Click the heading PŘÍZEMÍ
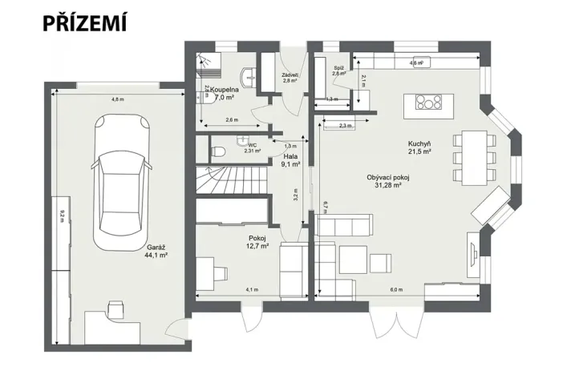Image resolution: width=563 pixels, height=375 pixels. [85, 23]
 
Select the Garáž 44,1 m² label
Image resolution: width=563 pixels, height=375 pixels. [156, 252]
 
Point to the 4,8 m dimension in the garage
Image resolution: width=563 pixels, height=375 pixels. [117, 99]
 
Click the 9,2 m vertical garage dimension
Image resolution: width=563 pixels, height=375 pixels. [62, 216]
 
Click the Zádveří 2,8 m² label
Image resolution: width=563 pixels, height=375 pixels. [290, 79]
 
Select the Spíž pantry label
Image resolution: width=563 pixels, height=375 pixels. [339, 71]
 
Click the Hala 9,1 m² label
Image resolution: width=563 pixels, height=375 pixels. [290, 160]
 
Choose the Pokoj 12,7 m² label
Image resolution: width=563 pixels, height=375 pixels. [257, 243]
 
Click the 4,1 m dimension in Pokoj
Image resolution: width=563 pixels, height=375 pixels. [252, 289]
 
